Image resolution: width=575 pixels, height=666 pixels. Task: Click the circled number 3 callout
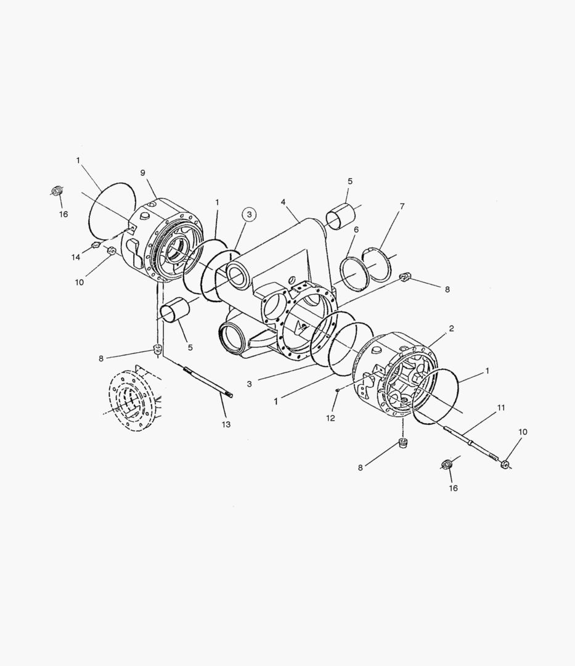pos(249,215)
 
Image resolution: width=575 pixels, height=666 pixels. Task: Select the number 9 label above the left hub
pos(142,173)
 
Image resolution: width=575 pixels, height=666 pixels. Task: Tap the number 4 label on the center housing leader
pos(283,202)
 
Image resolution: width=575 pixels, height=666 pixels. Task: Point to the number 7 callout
pos(402,207)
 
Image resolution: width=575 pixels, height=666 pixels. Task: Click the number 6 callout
pos(356,230)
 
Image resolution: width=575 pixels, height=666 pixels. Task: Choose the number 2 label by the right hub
pos(451,328)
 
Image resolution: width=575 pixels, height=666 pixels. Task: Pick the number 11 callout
pos(501,408)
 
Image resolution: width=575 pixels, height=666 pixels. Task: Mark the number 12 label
pos(330,418)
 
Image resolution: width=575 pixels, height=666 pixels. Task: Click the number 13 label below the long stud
pos(226,424)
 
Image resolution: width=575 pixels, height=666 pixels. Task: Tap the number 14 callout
pos(76,257)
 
